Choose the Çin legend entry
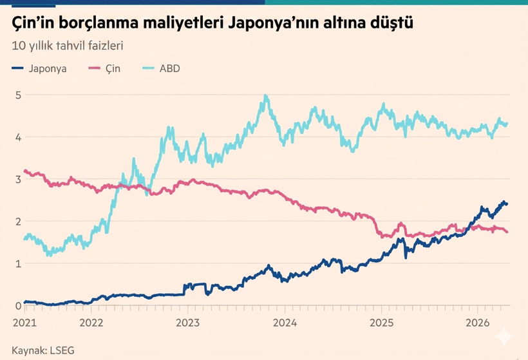(x=112, y=68)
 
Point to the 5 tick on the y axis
(x=18, y=95)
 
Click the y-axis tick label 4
(x=18, y=137)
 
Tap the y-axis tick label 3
(x=18, y=179)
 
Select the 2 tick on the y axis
(x=18, y=222)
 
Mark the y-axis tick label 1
(x=18, y=263)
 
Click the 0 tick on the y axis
(x=18, y=305)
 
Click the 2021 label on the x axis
(x=24, y=321)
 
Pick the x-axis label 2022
(x=91, y=321)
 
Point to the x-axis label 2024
(x=285, y=321)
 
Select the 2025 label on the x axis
(x=381, y=321)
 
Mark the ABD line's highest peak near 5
(x=265, y=97)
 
